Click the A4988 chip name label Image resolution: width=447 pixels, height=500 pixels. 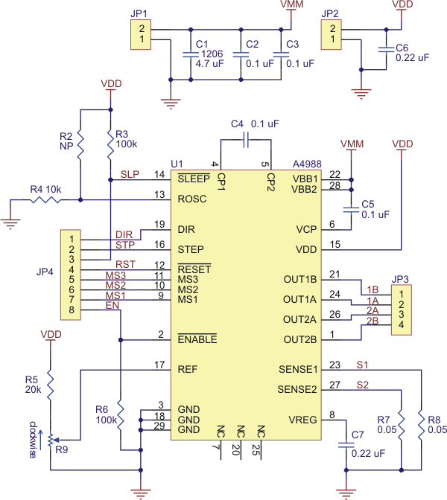tap(308, 163)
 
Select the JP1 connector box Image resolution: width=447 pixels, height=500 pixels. tap(142, 35)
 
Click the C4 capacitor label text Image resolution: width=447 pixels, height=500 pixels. tap(237, 124)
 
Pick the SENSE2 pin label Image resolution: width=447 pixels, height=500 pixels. tap(298, 389)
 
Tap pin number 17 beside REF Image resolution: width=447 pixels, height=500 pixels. tap(159, 365)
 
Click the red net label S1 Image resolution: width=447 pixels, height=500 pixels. tap(362, 365)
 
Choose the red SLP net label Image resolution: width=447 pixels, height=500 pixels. tap(130, 174)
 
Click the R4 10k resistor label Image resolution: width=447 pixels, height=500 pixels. tap(45, 190)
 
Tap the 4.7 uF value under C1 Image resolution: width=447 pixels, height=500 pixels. tap(209, 64)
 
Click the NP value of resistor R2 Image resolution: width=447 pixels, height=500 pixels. tap(66, 146)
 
